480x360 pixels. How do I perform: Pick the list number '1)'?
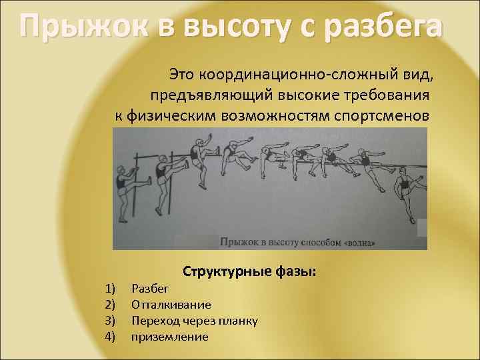click(110, 288)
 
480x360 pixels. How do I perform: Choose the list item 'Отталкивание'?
click(171, 305)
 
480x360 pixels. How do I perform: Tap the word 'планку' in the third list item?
click(238, 321)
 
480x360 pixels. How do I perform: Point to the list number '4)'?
click(110, 337)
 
